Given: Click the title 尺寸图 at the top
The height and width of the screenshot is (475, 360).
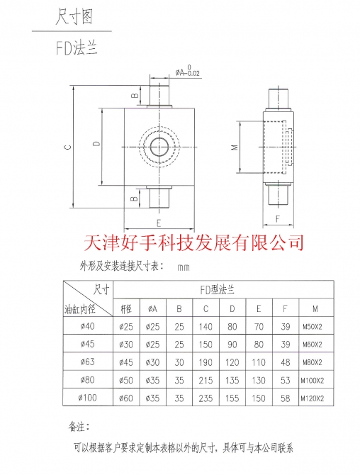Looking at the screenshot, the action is tap(74, 17).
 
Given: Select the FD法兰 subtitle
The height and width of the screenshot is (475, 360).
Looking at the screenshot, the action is tap(77, 48).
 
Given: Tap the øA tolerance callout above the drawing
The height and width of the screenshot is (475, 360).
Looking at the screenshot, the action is tap(188, 71).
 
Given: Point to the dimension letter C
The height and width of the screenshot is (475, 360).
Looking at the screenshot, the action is tap(69, 147).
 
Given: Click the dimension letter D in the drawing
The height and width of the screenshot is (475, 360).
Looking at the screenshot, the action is tap(96, 143).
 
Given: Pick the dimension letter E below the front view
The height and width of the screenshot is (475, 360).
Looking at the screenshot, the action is tap(159, 223).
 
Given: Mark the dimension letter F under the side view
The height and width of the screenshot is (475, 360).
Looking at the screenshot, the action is tap(278, 219).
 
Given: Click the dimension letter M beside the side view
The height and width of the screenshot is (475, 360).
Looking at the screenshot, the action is tap(235, 147).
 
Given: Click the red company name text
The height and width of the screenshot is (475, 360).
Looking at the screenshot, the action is tap(193, 242).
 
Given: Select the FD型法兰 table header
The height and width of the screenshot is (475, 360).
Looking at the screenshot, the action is tap(218, 290).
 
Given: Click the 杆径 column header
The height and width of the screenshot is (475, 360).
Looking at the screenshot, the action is tap(126, 308).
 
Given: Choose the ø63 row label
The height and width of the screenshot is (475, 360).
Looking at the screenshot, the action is tap(87, 362).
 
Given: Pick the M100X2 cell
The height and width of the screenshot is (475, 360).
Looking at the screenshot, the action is tap(312, 381).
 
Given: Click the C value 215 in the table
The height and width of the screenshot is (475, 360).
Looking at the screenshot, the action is tap(206, 380).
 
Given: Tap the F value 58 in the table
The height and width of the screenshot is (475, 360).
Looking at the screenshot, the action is tap(285, 398).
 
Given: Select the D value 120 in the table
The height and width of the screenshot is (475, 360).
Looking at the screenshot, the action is tap(232, 362).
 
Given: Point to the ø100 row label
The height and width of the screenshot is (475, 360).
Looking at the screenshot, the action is tap(87, 398).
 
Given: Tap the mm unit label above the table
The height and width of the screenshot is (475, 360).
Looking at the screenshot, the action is tap(184, 267).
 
